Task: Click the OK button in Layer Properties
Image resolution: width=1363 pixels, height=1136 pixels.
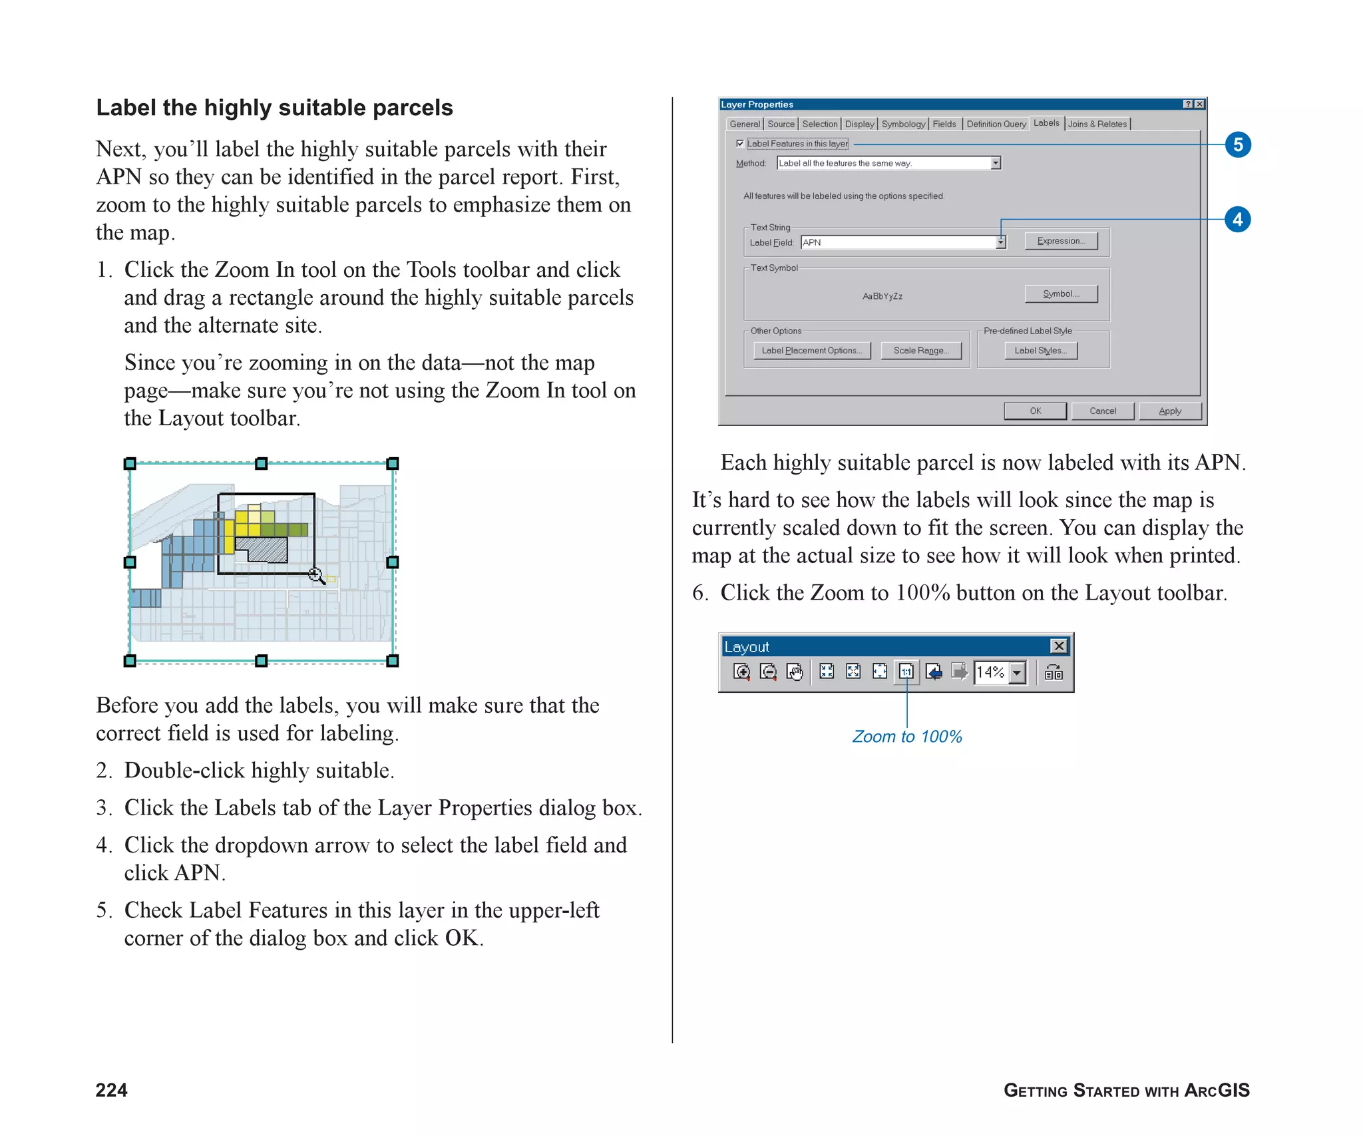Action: click(x=1035, y=411)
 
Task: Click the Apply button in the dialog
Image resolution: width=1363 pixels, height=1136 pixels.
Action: click(x=1169, y=411)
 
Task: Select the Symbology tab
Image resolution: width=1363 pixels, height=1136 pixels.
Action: click(x=902, y=124)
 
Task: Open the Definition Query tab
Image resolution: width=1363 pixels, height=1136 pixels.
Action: click(x=996, y=124)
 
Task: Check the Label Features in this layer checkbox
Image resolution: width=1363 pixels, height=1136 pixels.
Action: click(x=740, y=143)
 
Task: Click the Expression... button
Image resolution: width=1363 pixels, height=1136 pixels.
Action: click(x=1061, y=241)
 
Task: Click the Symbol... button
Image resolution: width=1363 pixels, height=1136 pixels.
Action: click(x=1061, y=293)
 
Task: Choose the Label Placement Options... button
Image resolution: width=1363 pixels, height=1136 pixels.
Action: click(x=811, y=350)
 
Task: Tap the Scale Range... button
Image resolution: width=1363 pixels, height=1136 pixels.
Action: click(x=921, y=350)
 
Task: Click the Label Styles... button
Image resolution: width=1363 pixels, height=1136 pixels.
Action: click(x=1040, y=350)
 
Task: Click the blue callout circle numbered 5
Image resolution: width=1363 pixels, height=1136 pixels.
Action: click(x=1237, y=144)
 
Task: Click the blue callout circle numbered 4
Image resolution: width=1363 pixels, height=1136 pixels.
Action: click(x=1237, y=219)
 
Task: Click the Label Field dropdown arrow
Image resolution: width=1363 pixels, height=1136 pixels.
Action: click(x=1000, y=242)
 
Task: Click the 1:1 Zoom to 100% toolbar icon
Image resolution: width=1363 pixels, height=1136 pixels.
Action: click(x=906, y=672)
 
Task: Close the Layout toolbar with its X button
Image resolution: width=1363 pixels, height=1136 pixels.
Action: click(x=1058, y=646)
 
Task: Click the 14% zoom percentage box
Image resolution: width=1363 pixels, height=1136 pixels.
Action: click(x=990, y=672)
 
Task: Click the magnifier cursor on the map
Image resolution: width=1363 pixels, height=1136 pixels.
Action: click(x=315, y=574)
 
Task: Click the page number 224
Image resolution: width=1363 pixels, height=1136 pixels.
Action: click(x=111, y=1089)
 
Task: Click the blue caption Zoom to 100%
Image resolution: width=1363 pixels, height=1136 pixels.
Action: click(x=906, y=736)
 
